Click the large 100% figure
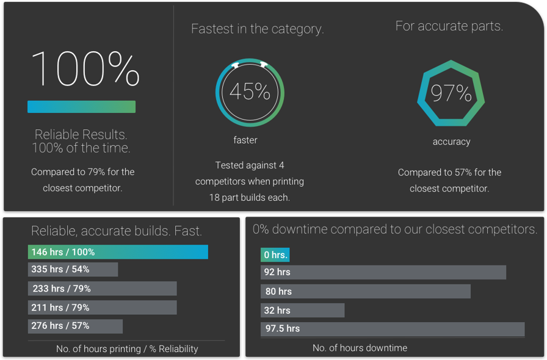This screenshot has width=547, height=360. tap(85, 68)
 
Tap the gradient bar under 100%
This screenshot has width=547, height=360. tap(81, 107)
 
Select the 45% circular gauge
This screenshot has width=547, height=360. tap(250, 92)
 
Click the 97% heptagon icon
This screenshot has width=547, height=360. tap(451, 93)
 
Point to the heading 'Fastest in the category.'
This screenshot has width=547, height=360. tap(257, 29)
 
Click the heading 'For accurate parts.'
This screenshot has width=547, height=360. tap(449, 26)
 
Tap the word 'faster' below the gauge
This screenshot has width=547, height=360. tap(245, 140)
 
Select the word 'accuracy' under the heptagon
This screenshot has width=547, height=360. tap(451, 142)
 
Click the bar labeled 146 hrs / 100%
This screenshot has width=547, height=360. tap(118, 252)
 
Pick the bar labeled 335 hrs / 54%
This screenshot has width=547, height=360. tap(73, 269)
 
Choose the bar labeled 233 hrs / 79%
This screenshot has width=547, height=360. tap(102, 289)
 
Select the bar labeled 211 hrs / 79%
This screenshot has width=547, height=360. tap(102, 308)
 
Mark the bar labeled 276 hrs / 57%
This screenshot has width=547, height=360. tap(75, 326)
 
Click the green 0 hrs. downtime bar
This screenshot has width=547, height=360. tap(275, 254)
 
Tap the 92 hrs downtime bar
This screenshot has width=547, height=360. tap(383, 272)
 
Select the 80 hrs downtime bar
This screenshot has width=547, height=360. tap(365, 291)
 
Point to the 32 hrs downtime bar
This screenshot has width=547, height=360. tap(302, 310)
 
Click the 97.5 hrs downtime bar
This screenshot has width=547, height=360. tap(392, 329)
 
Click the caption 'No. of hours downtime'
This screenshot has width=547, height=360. tap(360, 348)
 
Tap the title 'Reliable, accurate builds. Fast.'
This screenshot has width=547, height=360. tap(117, 231)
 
